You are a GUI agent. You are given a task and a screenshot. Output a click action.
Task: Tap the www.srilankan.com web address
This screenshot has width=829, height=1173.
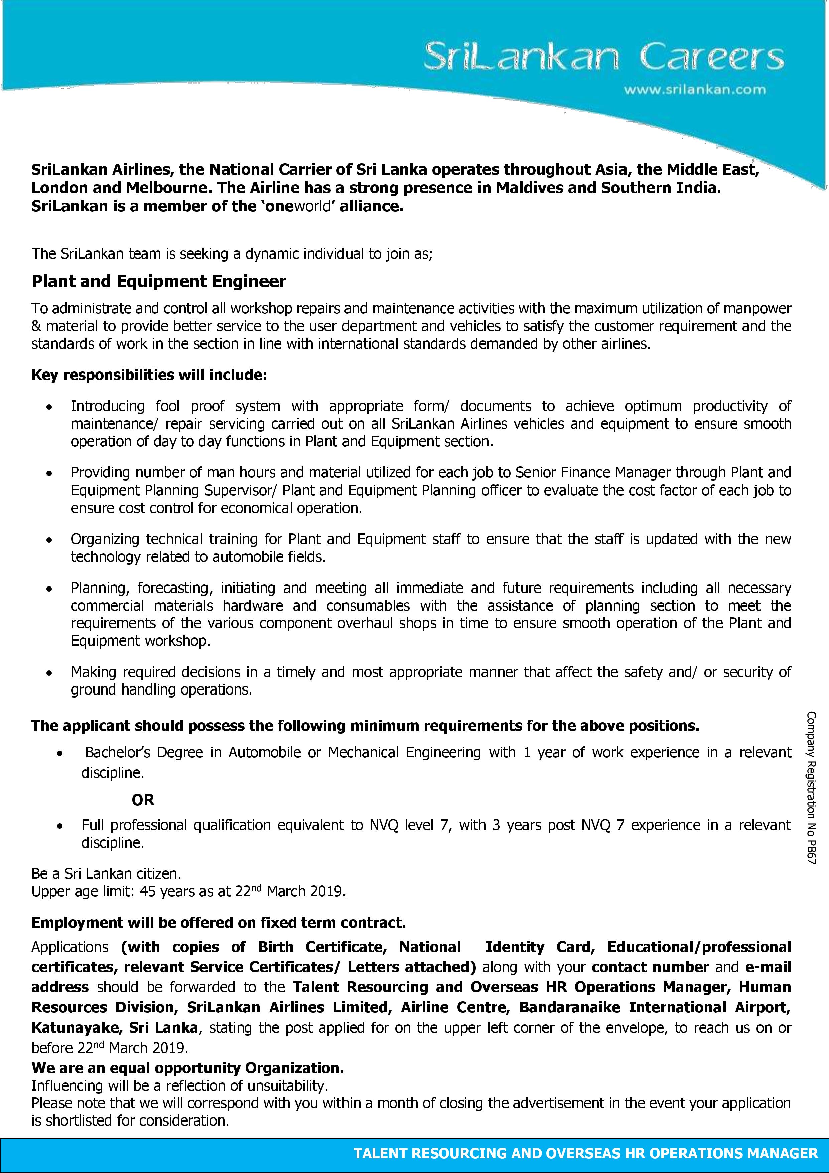pos(694,89)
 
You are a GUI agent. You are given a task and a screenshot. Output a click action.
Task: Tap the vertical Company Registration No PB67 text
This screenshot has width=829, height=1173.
pos(812,787)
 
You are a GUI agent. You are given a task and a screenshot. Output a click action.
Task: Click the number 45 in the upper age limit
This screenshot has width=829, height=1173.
pos(148,891)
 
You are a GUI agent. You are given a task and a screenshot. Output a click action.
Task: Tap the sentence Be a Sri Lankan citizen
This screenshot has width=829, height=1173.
pos(106,874)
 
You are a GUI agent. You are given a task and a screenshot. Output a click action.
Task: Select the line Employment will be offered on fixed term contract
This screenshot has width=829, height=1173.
pos(219,922)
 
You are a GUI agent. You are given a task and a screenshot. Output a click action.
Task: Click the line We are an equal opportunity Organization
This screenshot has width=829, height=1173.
pos(188,1068)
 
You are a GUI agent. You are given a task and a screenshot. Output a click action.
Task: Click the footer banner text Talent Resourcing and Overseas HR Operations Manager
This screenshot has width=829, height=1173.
pos(585,1153)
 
